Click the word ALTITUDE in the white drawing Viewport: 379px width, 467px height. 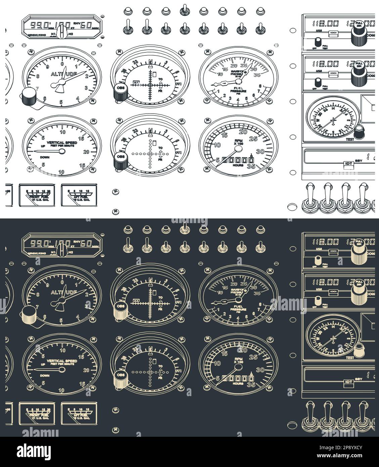pos(64,74)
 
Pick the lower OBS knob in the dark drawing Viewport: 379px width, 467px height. pos(120,378)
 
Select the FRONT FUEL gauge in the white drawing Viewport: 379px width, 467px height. pos(37,195)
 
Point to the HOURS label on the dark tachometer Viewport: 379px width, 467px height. pos(238,383)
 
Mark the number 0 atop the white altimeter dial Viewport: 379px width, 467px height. pos(62,63)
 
